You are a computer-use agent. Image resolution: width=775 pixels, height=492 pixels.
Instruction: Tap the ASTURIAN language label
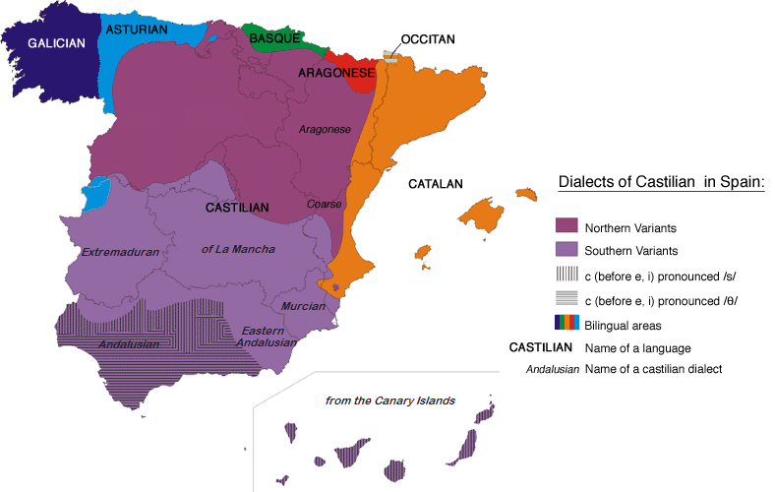pyautogui.click(x=137, y=30)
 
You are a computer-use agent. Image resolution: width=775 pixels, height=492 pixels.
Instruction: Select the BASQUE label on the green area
pyautogui.click(x=274, y=38)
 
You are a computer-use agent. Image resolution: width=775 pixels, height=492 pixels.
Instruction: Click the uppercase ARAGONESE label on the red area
pyautogui.click(x=336, y=73)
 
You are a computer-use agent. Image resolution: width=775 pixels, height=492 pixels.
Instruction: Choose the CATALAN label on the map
pyautogui.click(x=436, y=184)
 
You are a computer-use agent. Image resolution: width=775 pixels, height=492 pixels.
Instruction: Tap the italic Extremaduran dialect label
pyautogui.click(x=120, y=252)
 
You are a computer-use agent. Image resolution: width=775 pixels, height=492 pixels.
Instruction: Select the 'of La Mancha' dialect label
pyautogui.click(x=238, y=249)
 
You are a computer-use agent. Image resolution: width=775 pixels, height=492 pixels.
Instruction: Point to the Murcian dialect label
pyautogui.click(x=303, y=306)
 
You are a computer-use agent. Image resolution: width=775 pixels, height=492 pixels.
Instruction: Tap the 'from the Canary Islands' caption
pyautogui.click(x=390, y=400)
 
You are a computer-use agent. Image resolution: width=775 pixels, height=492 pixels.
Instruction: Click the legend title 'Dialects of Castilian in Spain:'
pyautogui.click(x=661, y=183)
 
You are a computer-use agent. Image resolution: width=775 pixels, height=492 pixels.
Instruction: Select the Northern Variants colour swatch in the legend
pyautogui.click(x=566, y=227)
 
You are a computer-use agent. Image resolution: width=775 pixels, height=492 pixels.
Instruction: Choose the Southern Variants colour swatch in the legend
pyautogui.click(x=566, y=250)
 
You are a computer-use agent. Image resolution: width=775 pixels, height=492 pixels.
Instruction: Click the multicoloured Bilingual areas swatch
pyautogui.click(x=566, y=323)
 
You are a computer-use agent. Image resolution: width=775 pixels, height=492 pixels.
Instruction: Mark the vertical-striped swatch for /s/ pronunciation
pyautogui.click(x=566, y=275)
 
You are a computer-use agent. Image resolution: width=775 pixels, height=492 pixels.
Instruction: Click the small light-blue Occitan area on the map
pyautogui.click(x=390, y=60)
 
